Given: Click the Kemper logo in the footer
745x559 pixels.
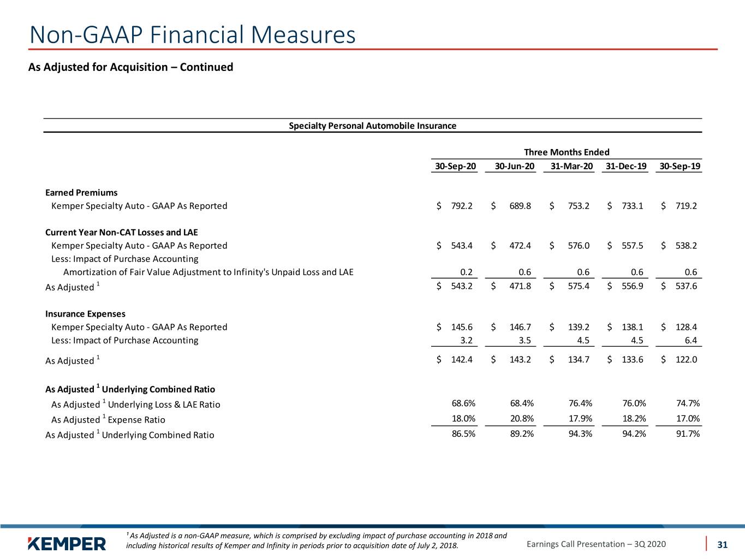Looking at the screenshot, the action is [67, 544].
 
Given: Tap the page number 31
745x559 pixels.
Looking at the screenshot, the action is [722, 544].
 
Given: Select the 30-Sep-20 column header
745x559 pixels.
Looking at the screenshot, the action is [455, 166].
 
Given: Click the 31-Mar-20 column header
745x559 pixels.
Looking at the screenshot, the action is [571, 166].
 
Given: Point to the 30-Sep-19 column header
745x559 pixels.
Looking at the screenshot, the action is [680, 166].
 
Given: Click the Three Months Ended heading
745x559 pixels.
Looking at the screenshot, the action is [567, 152].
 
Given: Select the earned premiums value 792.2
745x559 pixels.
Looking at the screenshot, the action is [462, 206].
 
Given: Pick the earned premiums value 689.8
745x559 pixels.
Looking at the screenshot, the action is [520, 206].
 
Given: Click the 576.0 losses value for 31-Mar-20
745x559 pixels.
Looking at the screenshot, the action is [579, 246].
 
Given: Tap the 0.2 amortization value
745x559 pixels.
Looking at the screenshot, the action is [466, 272].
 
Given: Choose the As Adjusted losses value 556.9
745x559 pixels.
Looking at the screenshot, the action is [633, 286].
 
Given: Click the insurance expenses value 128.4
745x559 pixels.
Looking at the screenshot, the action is [686, 327].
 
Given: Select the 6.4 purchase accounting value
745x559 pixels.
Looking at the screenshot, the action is [691, 340].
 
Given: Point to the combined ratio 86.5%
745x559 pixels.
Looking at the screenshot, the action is [463, 433].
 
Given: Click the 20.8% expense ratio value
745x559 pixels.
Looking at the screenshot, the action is [522, 418].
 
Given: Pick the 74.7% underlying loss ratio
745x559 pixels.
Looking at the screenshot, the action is [688, 403].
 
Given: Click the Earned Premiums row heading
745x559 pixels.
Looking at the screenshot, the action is [81, 193].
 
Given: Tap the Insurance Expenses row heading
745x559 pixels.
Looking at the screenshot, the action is [85, 313].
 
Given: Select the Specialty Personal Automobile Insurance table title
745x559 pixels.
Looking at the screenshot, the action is [372, 126].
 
